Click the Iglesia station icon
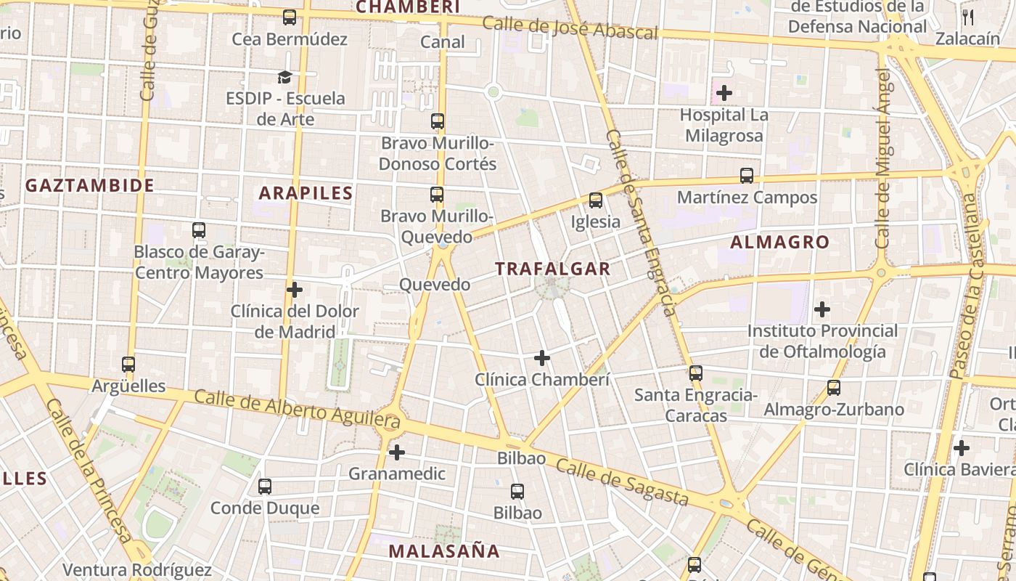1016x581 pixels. (596, 200)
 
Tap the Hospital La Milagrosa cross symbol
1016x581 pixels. (724, 93)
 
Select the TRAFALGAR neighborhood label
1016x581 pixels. (553, 269)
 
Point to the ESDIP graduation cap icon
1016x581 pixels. (284, 77)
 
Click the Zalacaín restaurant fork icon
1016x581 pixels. (967, 17)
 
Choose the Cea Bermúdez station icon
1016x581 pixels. (290, 17)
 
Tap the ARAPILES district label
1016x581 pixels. (306, 193)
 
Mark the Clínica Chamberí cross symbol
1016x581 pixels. (541, 358)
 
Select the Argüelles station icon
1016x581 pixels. (128, 365)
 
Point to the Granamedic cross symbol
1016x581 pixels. (396, 452)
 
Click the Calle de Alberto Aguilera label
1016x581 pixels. (297, 408)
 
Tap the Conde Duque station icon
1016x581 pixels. (265, 487)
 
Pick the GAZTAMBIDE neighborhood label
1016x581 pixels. (90, 186)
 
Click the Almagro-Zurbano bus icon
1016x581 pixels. (833, 388)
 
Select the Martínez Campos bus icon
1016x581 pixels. (746, 176)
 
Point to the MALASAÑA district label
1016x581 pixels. (444, 551)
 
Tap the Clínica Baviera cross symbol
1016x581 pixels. (961, 448)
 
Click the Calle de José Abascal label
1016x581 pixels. (570, 28)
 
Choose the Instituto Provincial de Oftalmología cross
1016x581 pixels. (822, 310)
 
